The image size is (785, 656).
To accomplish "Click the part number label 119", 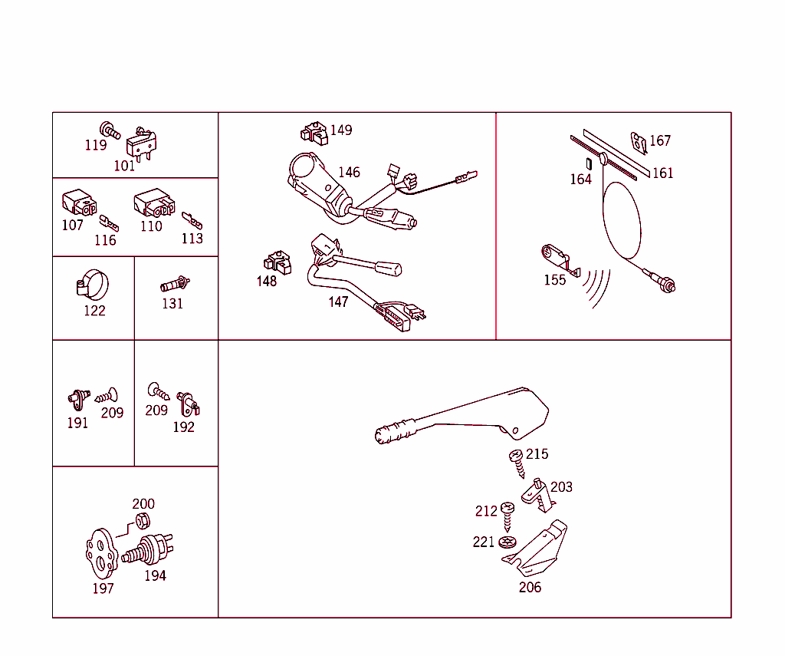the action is pos(96,145).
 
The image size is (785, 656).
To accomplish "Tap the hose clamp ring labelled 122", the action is pos(93,284).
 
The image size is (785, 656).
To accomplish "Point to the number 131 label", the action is pos(172,304).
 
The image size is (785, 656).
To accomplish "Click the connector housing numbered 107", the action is pos(79,203).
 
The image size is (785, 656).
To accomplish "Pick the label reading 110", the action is pos(151,226).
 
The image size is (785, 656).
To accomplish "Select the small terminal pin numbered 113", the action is pos(192,220).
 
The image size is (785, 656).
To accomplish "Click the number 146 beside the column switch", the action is pos(349,173).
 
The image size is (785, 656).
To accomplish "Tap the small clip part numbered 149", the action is pos(314,134).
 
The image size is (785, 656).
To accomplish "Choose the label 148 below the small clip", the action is pos(266,281).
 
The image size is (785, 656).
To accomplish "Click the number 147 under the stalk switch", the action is pos(338,302).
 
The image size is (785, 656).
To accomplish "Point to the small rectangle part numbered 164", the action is pos(589,164).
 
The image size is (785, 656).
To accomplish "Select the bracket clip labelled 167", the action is pos(639,143).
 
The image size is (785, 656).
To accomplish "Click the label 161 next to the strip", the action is pos(663,173).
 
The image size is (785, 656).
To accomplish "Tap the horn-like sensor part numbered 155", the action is pos(560,259).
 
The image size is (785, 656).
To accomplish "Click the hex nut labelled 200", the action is pos(143,521).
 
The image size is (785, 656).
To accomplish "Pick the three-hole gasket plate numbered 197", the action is pos(101,553).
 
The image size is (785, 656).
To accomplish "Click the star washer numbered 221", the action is pos(507,542).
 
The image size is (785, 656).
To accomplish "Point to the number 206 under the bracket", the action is pos(530,588).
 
